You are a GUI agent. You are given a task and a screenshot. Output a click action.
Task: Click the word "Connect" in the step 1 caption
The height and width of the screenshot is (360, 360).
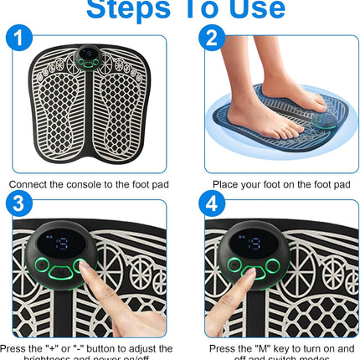point(31,183)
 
